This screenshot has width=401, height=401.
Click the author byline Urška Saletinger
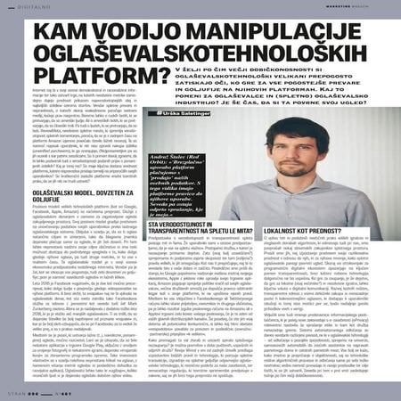(x=184, y=113)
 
